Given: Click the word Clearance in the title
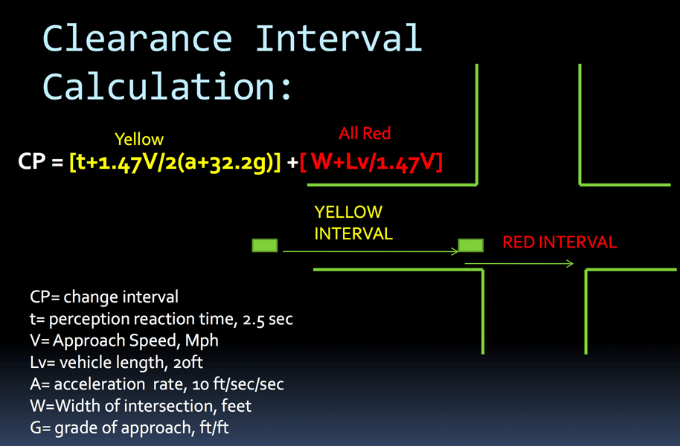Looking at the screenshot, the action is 138,39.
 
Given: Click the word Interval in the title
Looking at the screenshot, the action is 339,38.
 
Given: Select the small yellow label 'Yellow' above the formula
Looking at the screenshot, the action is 139,139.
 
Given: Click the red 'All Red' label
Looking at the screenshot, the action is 365,133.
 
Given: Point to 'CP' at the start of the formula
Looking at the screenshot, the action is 32,161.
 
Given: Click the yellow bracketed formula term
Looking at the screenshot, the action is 175,163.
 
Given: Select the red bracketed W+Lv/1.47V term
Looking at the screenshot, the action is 371,163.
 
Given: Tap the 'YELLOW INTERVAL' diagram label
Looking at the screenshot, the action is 353,223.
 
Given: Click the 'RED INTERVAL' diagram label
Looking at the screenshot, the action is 559,242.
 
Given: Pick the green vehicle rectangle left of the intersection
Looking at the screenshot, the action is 265,245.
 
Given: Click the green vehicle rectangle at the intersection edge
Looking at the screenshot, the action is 470,245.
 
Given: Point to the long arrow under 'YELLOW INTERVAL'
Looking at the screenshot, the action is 371,251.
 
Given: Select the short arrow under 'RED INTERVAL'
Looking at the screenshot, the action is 519,264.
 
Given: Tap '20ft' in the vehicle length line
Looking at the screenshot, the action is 187,362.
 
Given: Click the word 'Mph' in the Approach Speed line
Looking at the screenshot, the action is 202,341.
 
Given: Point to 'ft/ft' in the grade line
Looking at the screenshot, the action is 214,427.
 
